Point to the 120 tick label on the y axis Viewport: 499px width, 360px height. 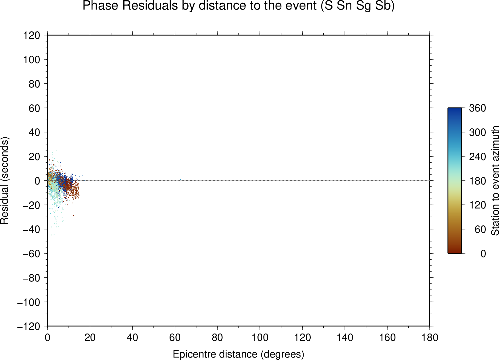pyautogui.click(x=32, y=35)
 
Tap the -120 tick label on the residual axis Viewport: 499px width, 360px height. pyautogui.click(x=29, y=327)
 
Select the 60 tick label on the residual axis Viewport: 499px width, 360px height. pyautogui.click(x=34, y=108)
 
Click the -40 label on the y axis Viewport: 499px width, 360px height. pyautogui.click(x=31, y=229)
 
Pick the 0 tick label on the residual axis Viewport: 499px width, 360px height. pyautogui.click(x=37, y=181)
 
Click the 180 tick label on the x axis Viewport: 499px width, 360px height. pyautogui.click(x=430, y=338)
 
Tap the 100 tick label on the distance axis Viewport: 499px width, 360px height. pyautogui.click(x=260, y=338)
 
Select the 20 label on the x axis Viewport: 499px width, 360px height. pyautogui.click(x=90, y=338)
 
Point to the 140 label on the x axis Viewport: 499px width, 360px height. pyautogui.click(x=345, y=338)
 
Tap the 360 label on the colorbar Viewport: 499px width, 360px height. pyautogui.click(x=477, y=108)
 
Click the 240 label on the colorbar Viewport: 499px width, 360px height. pyautogui.click(x=477, y=157)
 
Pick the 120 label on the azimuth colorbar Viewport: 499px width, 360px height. pyautogui.click(x=477, y=205)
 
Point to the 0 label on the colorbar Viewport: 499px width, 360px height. pyautogui.click(x=483, y=253)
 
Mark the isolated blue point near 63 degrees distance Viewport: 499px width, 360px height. pyautogui.click(x=181, y=179)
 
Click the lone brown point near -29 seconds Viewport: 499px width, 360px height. pyautogui.click(x=73, y=216)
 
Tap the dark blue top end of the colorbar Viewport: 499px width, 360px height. pyautogui.click(x=455, y=109)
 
